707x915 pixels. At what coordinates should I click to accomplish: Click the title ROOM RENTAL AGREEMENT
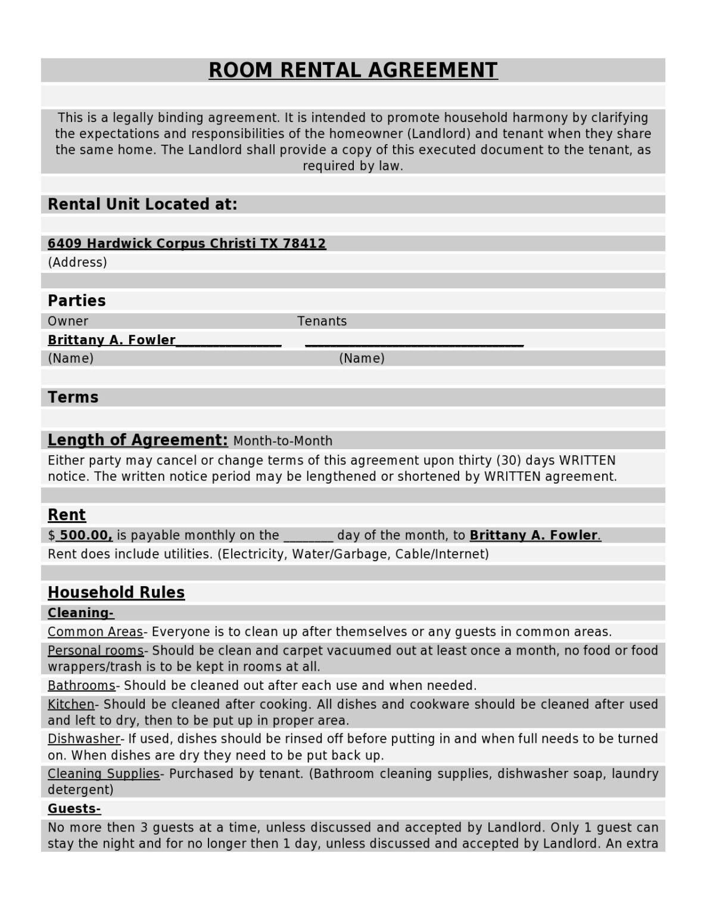(x=353, y=70)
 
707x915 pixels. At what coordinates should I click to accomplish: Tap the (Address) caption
(x=77, y=262)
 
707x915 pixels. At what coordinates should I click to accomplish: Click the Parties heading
(x=76, y=300)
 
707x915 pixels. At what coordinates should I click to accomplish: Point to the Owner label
(x=68, y=321)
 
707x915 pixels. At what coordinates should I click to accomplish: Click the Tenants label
(x=322, y=321)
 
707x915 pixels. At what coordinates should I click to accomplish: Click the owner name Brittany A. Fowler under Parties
(x=111, y=340)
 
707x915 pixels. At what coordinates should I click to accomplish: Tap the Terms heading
(x=73, y=397)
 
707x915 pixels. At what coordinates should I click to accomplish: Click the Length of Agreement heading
(x=138, y=440)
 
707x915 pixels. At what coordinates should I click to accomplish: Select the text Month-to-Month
(x=283, y=441)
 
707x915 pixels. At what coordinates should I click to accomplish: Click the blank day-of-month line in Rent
(x=308, y=536)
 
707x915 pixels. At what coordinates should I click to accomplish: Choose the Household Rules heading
(x=116, y=592)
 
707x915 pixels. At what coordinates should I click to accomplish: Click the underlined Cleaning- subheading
(x=80, y=613)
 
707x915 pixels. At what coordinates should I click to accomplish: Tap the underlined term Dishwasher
(x=84, y=739)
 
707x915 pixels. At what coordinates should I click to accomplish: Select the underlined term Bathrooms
(x=82, y=686)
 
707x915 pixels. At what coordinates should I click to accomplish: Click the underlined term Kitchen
(x=71, y=704)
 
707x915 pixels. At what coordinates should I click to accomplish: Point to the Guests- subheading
(x=74, y=808)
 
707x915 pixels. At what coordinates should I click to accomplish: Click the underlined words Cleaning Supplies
(x=104, y=774)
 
